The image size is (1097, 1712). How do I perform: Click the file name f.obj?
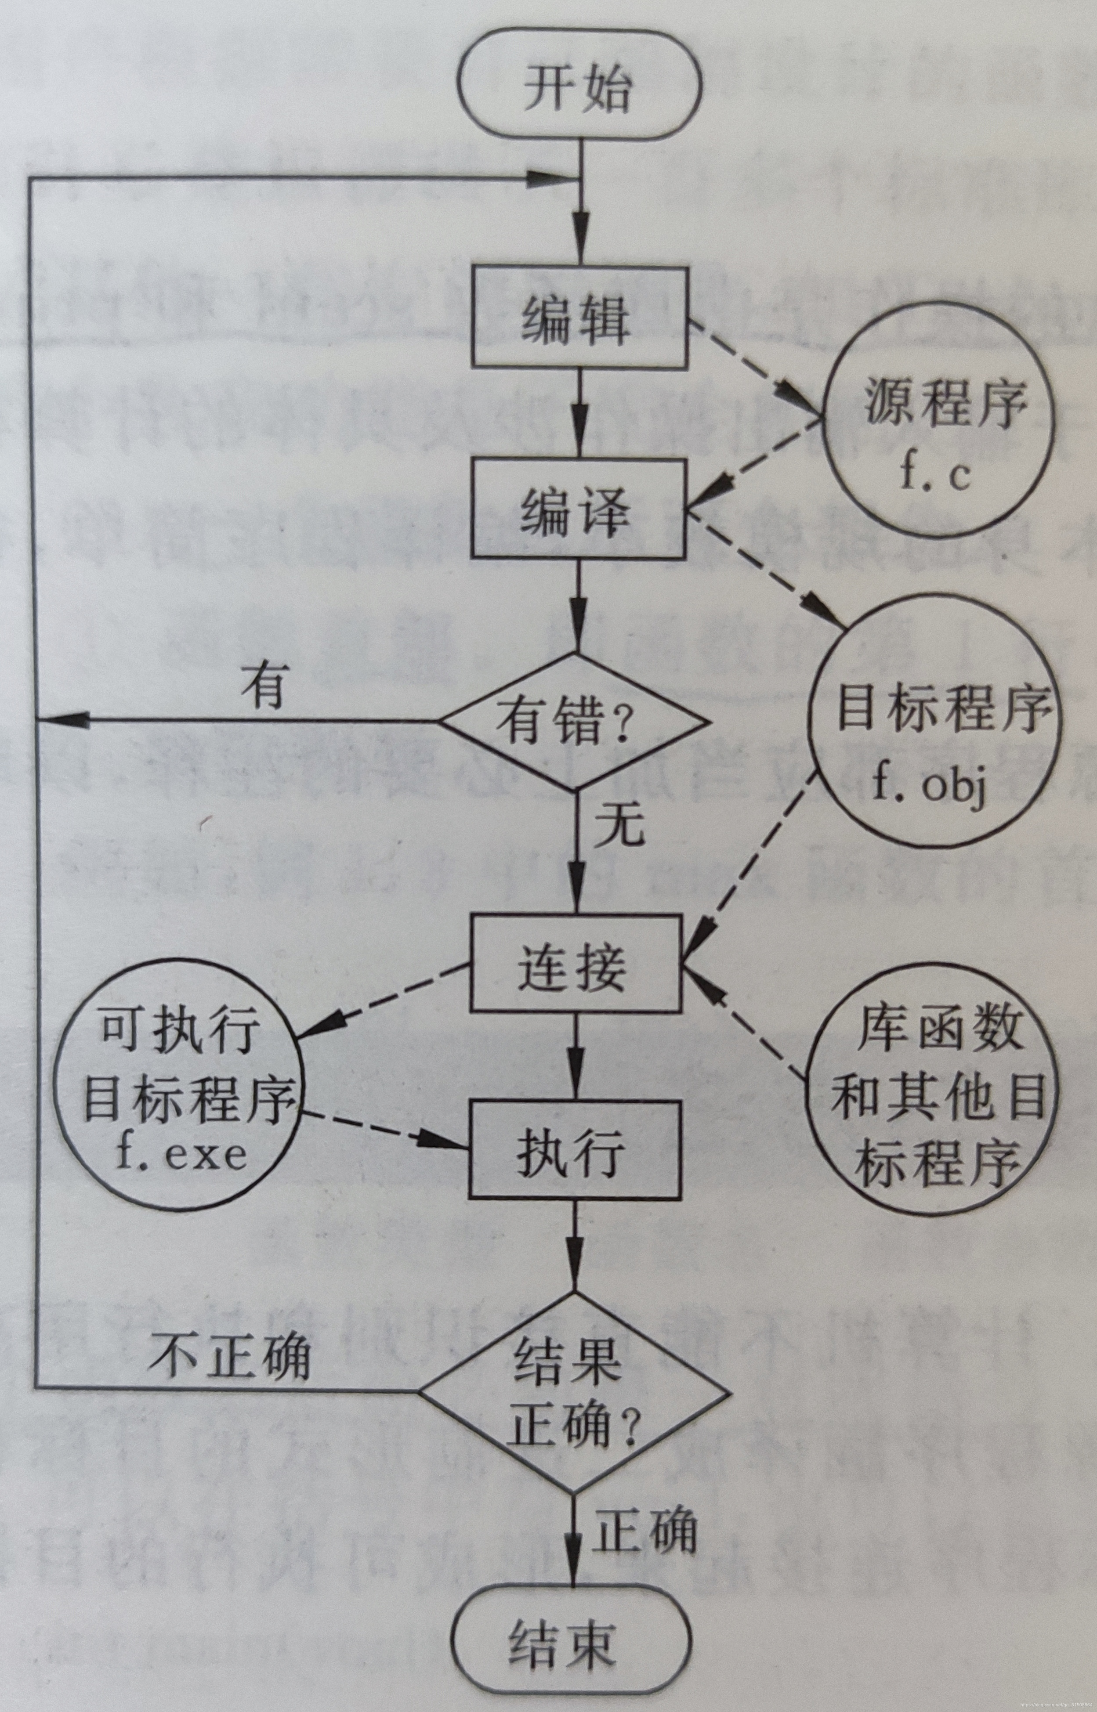click(x=930, y=787)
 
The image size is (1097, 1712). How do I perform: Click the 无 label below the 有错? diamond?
click(x=620, y=826)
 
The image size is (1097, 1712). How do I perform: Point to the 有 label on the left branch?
click(x=264, y=687)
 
